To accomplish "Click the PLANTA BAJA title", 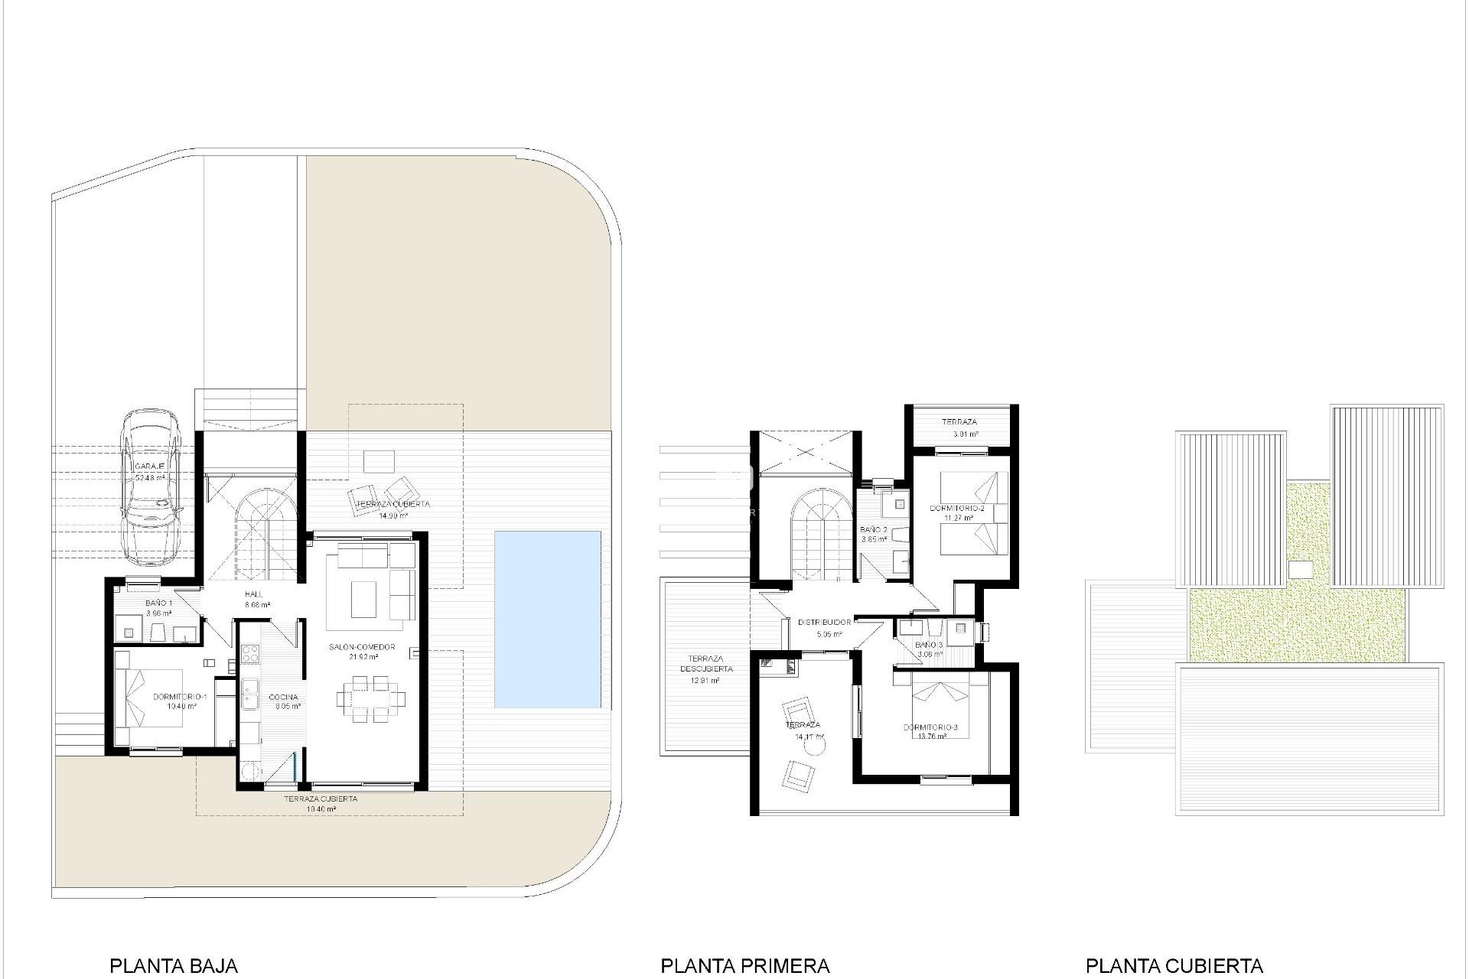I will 174,966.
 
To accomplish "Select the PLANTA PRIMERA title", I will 744,966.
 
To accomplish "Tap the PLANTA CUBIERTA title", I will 1174,966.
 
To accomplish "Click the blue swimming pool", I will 547,620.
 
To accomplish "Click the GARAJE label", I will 149,466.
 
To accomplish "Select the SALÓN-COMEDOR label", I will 362,647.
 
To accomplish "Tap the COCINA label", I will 283,697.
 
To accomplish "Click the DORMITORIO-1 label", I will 181,697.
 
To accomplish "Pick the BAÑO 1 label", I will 159,603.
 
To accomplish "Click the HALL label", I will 254,594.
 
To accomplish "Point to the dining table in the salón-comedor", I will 371,697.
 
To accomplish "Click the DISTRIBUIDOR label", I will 824,623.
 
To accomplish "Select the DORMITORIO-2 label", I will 956,508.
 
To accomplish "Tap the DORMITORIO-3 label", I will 930,727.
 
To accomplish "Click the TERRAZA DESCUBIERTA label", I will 705,664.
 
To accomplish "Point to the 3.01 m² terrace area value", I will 965,434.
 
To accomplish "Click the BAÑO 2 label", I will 873,529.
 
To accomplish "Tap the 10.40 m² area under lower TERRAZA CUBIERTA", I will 321,809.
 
